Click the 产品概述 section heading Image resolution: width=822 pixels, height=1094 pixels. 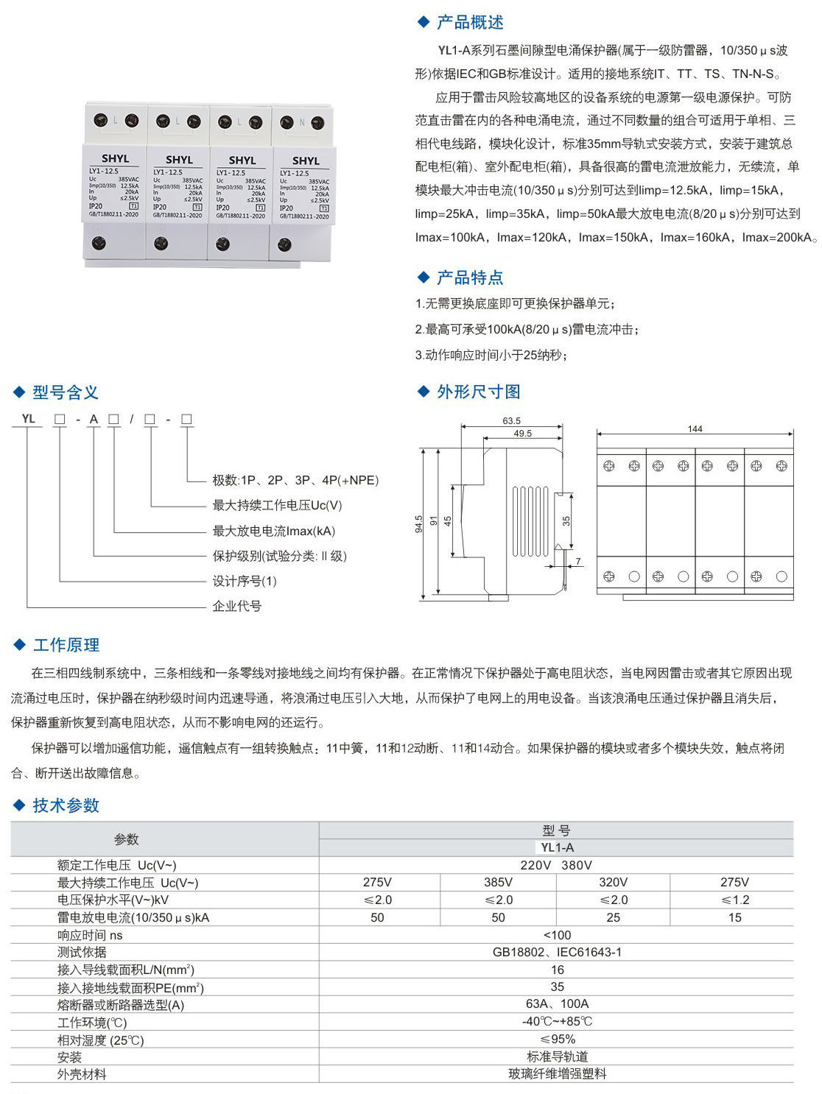pyautogui.click(x=469, y=23)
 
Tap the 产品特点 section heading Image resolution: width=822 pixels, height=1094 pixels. pyautogui.click(x=469, y=278)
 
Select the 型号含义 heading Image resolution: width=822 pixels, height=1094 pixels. pyautogui.click(x=65, y=392)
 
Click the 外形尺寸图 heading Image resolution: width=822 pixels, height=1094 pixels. pyautogui.click(x=478, y=392)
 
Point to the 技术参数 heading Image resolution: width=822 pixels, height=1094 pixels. pyautogui.click(x=66, y=805)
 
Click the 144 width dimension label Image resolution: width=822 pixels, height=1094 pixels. pyautogui.click(x=695, y=428)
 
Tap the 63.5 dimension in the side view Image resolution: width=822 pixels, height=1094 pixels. pyautogui.click(x=511, y=421)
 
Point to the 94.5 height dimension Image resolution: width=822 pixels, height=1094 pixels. pyautogui.click(x=419, y=523)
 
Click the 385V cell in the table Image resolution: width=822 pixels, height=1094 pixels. pyautogui.click(x=498, y=882)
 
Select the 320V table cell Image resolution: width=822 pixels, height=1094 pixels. pyautogui.click(x=613, y=882)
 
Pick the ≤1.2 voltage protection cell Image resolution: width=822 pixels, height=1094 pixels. pyautogui.click(x=734, y=900)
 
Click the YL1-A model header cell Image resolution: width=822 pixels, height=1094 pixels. pyautogui.click(x=557, y=847)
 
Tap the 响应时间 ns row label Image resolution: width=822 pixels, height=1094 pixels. pyautogui.click(x=90, y=935)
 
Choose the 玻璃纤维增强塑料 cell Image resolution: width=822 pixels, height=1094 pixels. pyautogui.click(x=557, y=1073)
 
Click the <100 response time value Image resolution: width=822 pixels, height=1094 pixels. pyautogui.click(x=557, y=935)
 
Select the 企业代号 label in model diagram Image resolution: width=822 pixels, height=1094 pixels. pyautogui.click(x=236, y=606)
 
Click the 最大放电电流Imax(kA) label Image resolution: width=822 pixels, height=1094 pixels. pyautogui.click(x=273, y=531)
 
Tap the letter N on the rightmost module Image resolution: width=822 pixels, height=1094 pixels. pyautogui.click(x=302, y=122)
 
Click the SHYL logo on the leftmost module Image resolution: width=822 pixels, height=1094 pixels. pyautogui.click(x=115, y=158)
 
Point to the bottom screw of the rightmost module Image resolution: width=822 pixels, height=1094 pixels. pyautogui.click(x=285, y=244)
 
